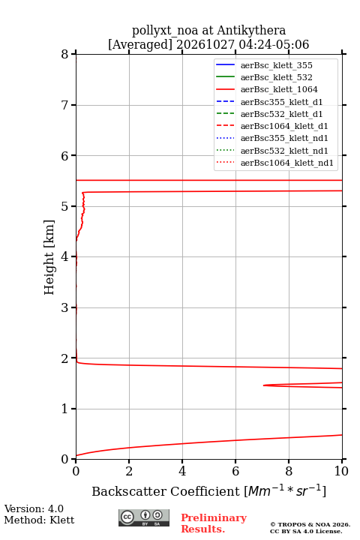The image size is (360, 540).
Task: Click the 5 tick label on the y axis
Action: (x=64, y=206)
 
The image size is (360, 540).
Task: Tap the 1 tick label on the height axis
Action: (x=64, y=409)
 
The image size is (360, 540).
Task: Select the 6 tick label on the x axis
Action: (x=235, y=471)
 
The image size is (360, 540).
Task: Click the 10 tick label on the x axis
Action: (x=341, y=471)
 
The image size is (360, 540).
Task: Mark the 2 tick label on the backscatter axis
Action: (x=129, y=471)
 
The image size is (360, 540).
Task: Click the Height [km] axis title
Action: (x=49, y=257)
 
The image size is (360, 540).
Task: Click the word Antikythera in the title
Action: (x=251, y=31)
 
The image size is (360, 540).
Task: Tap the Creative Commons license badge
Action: (x=144, y=517)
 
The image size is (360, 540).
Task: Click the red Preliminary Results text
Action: (x=214, y=523)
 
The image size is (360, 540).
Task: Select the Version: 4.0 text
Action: (x=34, y=509)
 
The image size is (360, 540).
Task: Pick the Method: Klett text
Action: (x=39, y=520)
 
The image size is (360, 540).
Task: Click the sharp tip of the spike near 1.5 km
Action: (x=263, y=385)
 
